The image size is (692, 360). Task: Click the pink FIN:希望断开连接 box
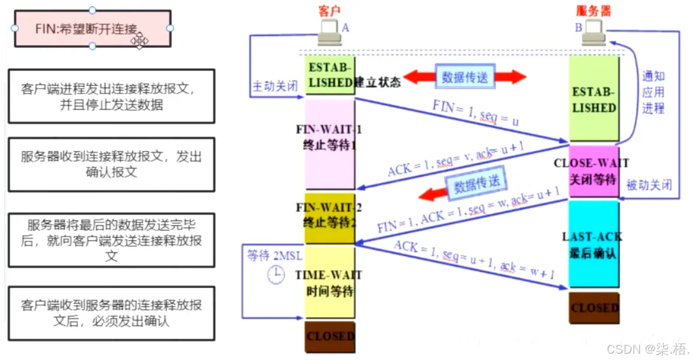(92, 28)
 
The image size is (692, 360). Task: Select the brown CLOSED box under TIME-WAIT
(329, 335)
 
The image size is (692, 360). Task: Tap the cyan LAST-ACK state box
(593, 245)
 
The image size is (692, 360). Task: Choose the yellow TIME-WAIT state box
(329, 282)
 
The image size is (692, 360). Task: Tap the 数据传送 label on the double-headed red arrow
(465, 78)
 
